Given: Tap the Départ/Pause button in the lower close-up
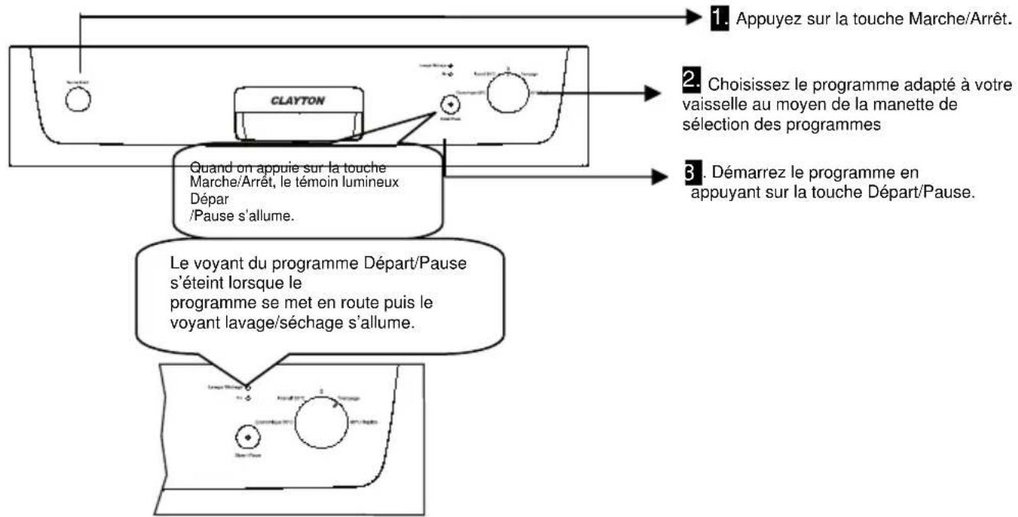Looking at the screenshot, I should point(246,437).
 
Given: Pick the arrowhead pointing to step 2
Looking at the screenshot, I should point(650,93).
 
